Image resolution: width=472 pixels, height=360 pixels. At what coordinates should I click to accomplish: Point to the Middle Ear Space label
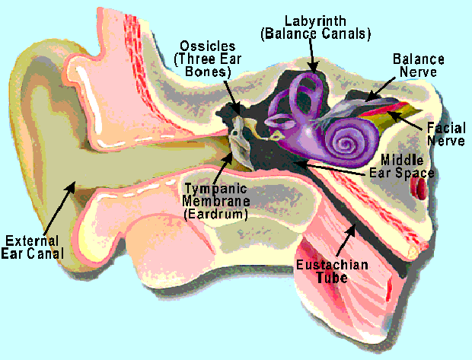tap(407, 166)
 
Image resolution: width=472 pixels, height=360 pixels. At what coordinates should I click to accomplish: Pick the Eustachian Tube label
tap(333, 270)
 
